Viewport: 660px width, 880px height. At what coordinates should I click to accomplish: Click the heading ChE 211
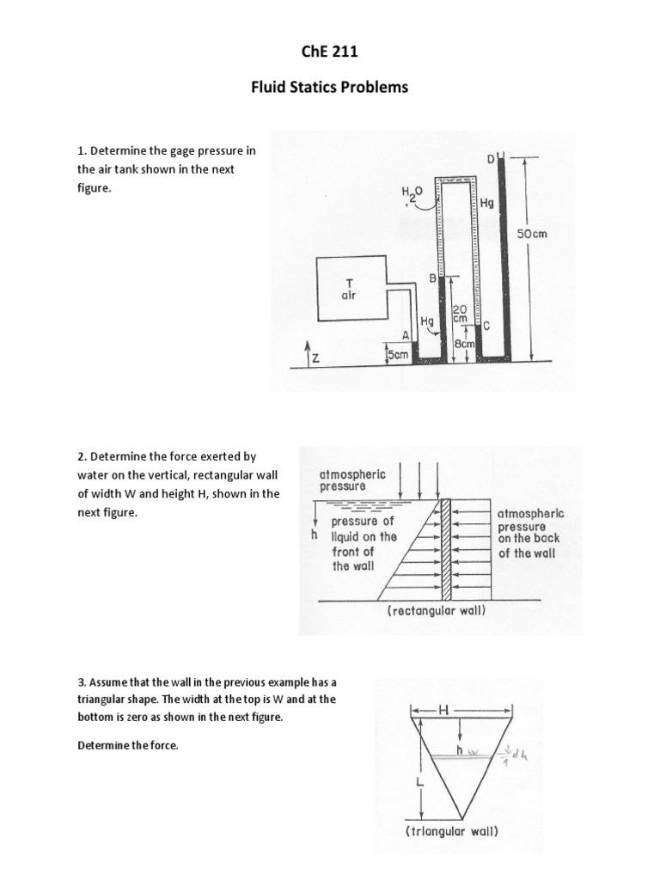click(330, 53)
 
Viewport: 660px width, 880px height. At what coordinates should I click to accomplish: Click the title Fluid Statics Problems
click(330, 88)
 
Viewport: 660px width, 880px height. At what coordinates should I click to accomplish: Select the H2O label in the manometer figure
click(409, 195)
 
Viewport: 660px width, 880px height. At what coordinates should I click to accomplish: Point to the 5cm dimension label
click(397, 353)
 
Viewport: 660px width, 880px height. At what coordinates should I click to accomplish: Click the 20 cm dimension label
click(459, 312)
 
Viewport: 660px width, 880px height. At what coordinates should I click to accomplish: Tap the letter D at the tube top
click(491, 159)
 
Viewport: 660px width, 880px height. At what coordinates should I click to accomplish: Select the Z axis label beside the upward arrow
click(315, 358)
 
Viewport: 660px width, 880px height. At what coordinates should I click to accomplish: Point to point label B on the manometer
click(432, 278)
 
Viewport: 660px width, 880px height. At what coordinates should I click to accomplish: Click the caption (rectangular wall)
click(437, 611)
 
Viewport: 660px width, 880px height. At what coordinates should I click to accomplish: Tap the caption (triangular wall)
click(452, 832)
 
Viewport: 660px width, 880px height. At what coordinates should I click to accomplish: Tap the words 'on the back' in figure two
click(527, 539)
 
